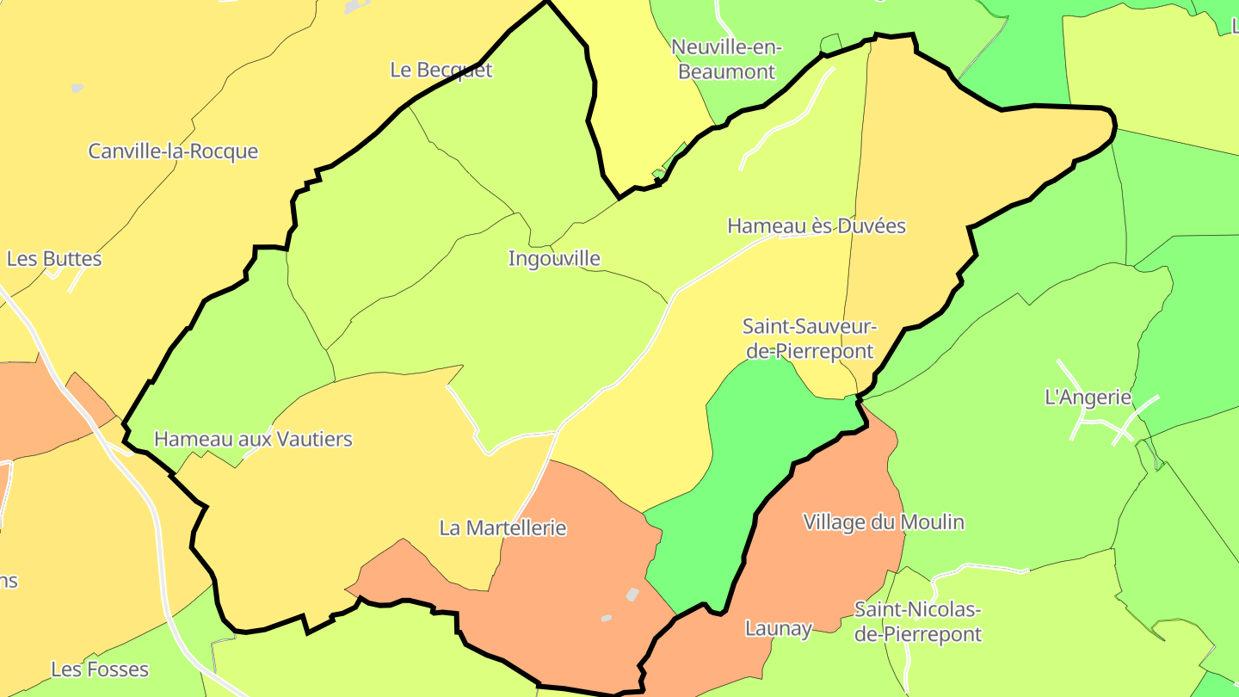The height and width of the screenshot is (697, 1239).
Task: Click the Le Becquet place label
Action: click(441, 70)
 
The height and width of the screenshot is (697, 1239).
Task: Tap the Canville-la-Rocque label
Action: click(173, 151)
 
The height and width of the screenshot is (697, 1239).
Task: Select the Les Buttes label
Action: click(54, 259)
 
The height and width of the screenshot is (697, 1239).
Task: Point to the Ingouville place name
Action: click(554, 258)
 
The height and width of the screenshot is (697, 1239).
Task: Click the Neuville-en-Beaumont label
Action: click(727, 59)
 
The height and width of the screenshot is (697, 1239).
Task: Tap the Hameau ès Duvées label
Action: click(817, 226)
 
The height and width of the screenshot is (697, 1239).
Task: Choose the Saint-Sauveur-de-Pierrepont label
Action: click(809, 339)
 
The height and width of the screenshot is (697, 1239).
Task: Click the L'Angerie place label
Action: click(1087, 398)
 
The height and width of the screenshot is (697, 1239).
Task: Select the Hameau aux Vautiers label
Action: click(253, 439)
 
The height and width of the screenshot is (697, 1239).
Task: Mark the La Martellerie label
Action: click(502, 527)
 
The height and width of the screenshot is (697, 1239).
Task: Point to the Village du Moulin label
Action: click(883, 522)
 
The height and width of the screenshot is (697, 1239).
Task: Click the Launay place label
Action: click(778, 629)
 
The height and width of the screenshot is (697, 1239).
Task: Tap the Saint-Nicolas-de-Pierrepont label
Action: click(917, 622)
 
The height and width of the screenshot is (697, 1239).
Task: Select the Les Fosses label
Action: click(100, 669)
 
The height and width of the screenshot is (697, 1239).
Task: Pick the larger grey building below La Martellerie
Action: click(632, 595)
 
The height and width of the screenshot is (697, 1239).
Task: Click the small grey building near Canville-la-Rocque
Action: click(77, 88)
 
